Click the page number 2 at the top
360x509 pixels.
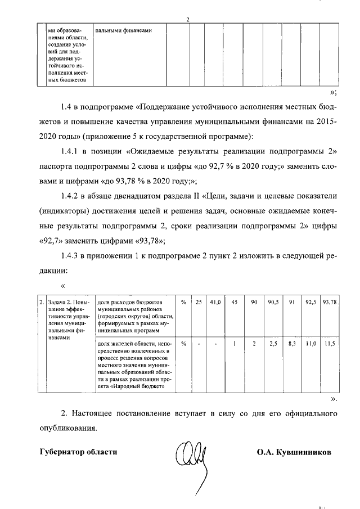point(188,21)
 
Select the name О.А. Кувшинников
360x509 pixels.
point(294,452)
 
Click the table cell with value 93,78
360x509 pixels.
point(330,302)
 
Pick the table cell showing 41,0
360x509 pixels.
point(215,302)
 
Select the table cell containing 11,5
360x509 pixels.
point(330,343)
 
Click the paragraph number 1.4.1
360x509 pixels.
point(71,151)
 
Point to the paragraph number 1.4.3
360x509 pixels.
point(71,256)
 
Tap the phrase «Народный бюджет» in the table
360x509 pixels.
point(139,386)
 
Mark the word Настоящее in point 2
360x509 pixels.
point(99,413)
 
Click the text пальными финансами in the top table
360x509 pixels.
point(122,30)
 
